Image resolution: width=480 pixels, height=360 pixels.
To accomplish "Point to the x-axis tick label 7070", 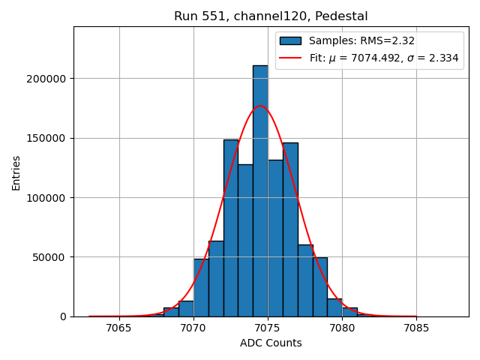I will tap(193, 328).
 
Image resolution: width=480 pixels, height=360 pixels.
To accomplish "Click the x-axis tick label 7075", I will tap(268, 328).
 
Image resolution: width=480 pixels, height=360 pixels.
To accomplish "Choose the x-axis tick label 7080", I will tap(342, 328).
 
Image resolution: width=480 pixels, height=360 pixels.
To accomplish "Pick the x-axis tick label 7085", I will tap(416, 328).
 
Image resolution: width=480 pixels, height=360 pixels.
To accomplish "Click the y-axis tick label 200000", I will tap(45, 79).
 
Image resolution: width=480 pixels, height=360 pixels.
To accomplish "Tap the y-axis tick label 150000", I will tap(45, 138).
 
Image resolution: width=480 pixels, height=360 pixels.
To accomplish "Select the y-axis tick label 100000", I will tap(45, 197).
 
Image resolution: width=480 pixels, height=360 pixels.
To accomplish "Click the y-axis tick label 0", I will tap(63, 316).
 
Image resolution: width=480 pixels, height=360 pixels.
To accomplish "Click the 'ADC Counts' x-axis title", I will tap(271, 343).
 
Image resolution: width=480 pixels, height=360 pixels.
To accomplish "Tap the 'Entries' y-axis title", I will tap(16, 173).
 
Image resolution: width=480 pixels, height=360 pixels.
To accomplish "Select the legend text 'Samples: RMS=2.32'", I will tap(361, 41).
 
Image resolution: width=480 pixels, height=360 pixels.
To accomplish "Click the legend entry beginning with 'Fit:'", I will tap(382, 58).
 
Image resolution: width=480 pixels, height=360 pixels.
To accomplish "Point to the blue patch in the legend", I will tap(290, 41).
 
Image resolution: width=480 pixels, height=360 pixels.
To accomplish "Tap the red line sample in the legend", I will tap(290, 58).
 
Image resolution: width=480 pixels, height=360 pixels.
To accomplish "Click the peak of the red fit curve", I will tap(261, 106).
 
